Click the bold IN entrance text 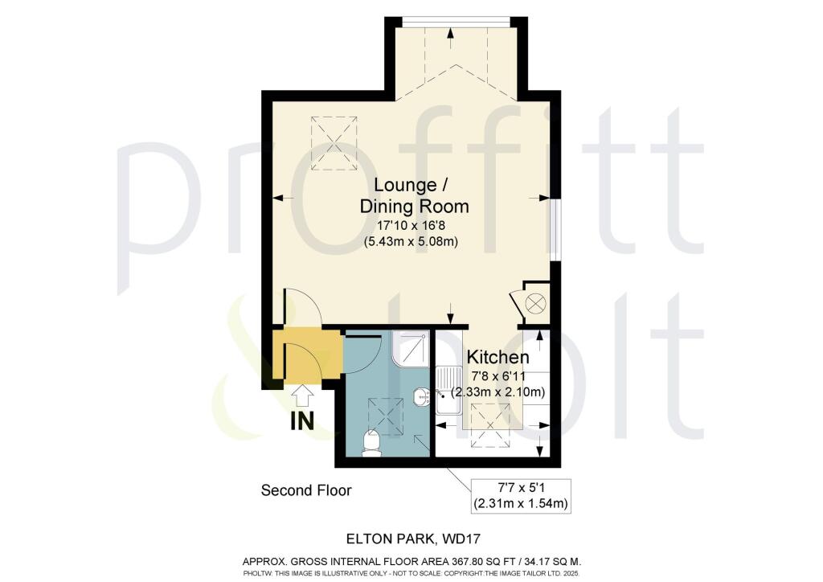(x=301, y=420)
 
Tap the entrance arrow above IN (x=303, y=396)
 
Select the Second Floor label (x=306, y=490)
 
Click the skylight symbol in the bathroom (x=384, y=415)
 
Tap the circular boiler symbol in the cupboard (x=535, y=304)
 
